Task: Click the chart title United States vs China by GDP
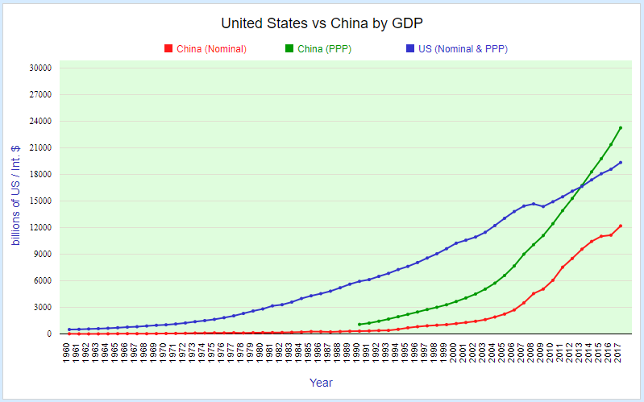(x=322, y=23)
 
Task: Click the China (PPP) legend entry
(x=324, y=49)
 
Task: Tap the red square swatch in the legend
(x=168, y=49)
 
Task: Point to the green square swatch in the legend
(x=289, y=49)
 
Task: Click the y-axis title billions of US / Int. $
(x=15, y=196)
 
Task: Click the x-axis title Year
(x=322, y=383)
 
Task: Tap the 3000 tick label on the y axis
(x=42, y=307)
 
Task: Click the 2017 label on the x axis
(x=620, y=351)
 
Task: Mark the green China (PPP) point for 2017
(x=620, y=127)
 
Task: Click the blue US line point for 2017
(x=620, y=163)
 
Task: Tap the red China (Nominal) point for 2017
(x=620, y=226)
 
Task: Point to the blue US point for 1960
(x=69, y=329)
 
